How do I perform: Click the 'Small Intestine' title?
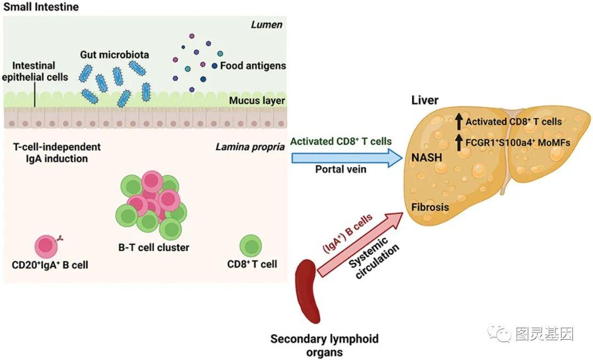pyautogui.click(x=41, y=7)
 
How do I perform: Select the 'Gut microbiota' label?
pyautogui.click(x=114, y=55)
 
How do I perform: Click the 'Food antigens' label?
pyautogui.click(x=253, y=66)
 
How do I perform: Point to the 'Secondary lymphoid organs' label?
pyautogui.click(x=324, y=345)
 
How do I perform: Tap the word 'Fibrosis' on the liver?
pyautogui.click(x=430, y=207)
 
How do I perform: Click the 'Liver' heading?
pyautogui.click(x=425, y=101)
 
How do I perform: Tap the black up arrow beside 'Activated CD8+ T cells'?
pyautogui.click(x=458, y=121)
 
